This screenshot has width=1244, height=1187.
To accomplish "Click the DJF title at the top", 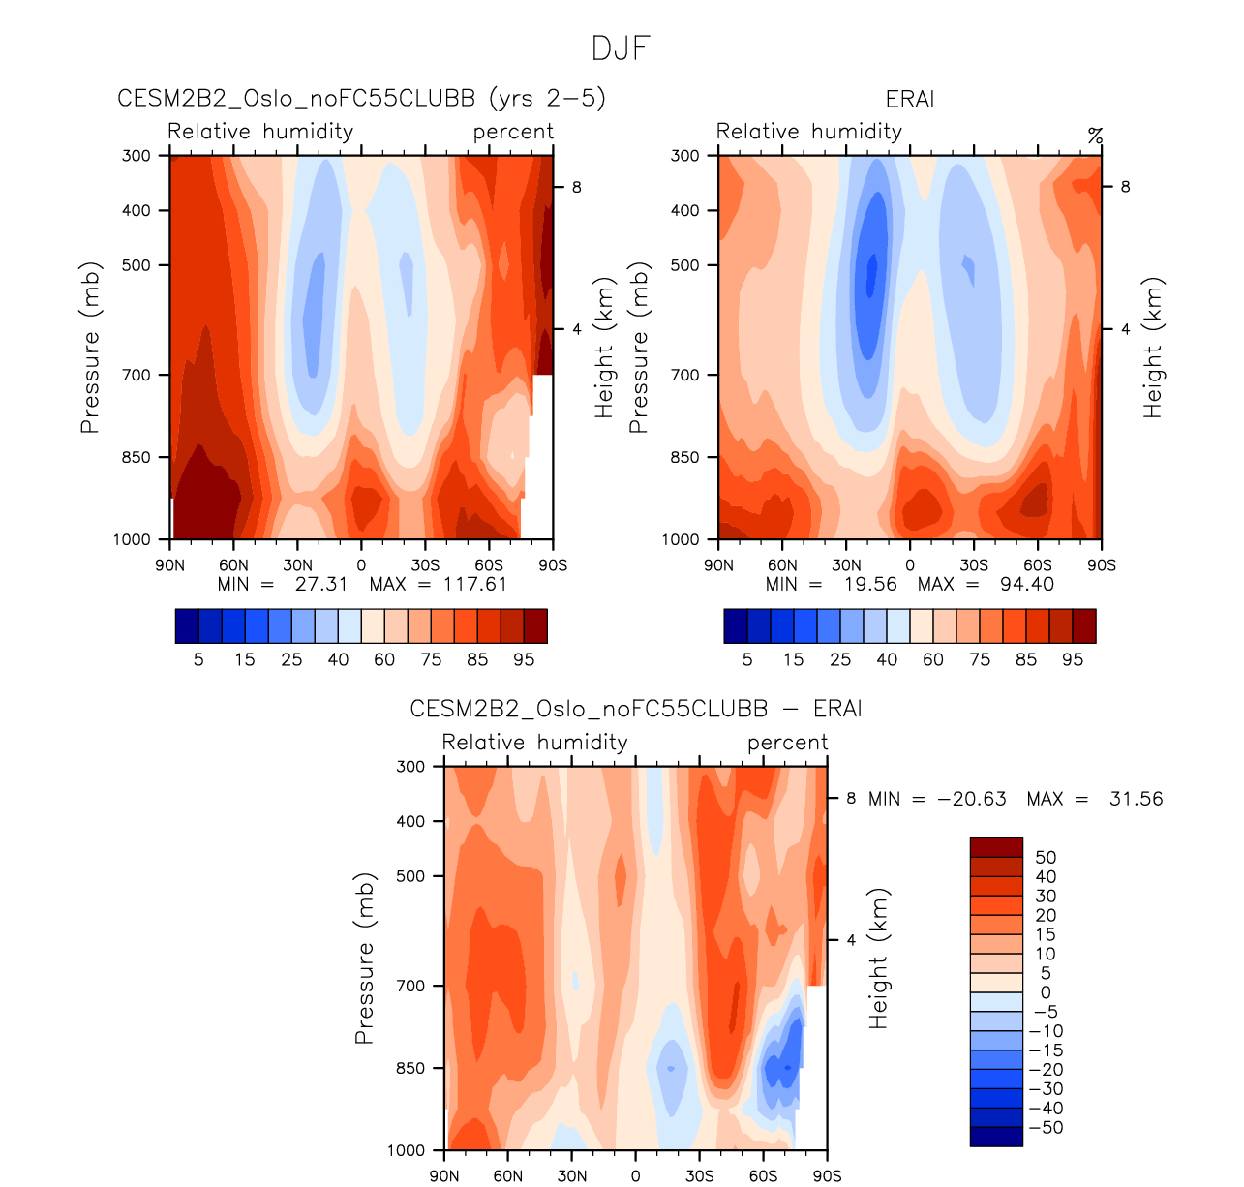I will coord(621,48).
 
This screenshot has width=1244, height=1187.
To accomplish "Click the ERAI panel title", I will coord(909,100).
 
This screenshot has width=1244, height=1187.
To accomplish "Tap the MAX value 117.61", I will coord(474,584).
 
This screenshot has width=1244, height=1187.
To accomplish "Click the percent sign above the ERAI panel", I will coord(1095,135).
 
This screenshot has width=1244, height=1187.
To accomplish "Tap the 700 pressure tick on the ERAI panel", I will coord(684,375).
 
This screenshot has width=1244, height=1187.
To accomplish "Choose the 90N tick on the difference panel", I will coord(444,1176).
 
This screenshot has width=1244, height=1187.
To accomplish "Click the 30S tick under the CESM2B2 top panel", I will coord(425,565).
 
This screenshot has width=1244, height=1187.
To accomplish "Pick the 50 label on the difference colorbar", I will coord(1046,857).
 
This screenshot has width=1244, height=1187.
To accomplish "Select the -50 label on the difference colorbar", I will coord(1046,1128).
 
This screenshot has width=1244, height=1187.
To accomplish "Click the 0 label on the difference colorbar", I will coord(1046,992).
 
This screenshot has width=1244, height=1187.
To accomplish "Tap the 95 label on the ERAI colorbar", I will coord(1073,659).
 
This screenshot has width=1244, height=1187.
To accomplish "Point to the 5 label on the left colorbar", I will coord(198,659).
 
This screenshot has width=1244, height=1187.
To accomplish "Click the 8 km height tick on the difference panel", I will coord(852,799).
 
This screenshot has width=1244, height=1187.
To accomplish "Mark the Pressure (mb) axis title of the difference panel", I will coord(364,959).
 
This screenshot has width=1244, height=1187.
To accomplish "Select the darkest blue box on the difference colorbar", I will coord(996,1137).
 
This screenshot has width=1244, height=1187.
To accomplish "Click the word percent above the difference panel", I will coord(787,743).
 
